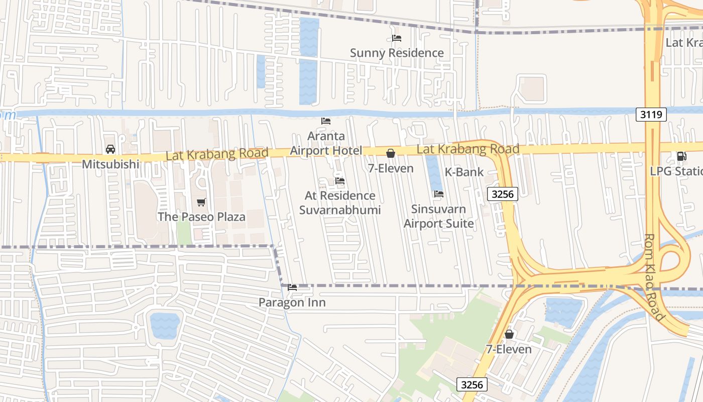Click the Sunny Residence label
pyautogui.click(x=397, y=53)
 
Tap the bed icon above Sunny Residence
pyautogui.click(x=396, y=38)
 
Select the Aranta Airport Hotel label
pyautogui.click(x=326, y=143)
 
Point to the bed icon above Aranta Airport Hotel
pyautogui.click(x=326, y=121)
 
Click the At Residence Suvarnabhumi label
pyautogui.click(x=340, y=203)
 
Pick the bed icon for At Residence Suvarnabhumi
pyautogui.click(x=340, y=181)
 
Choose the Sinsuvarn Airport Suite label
pyautogui.click(x=439, y=216)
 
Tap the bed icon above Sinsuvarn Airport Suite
pyautogui.click(x=439, y=194)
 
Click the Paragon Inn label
pyautogui.click(x=292, y=303)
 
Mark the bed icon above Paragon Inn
pyautogui.click(x=292, y=288)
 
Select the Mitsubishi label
pyautogui.click(x=110, y=164)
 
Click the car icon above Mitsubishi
pyautogui.click(x=110, y=149)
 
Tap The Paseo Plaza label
pyautogui.click(x=201, y=217)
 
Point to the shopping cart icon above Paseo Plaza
pyautogui.click(x=201, y=203)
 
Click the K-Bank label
pyautogui.click(x=464, y=172)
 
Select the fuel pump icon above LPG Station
pyautogui.click(x=681, y=156)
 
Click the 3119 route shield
pyautogui.click(x=651, y=115)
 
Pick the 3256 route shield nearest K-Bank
pyautogui.click(x=502, y=194)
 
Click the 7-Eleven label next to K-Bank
pyautogui.click(x=391, y=168)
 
